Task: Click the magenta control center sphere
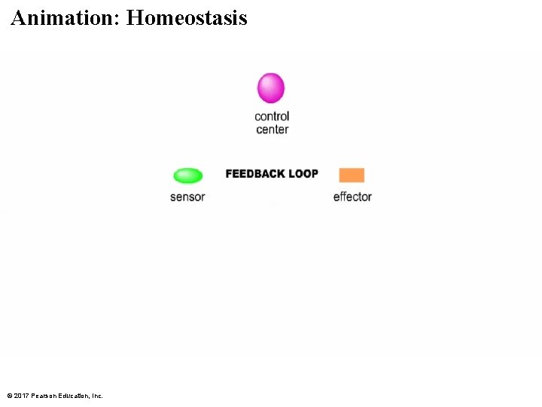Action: [271, 88]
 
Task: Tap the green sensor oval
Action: [187, 176]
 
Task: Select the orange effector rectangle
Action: [352, 175]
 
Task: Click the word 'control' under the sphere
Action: [272, 116]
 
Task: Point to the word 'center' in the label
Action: [272, 130]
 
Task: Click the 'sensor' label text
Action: [187, 197]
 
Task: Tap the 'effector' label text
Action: [352, 197]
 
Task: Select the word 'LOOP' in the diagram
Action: [303, 174]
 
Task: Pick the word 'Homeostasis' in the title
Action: [187, 18]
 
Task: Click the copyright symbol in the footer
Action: [9, 396]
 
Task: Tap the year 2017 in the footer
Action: [21, 396]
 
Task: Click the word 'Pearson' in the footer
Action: [43, 396]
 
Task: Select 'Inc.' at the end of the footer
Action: [96, 396]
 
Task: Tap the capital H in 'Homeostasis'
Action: [134, 18]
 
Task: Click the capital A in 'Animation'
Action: [19, 18]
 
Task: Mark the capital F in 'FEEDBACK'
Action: [229, 174]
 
